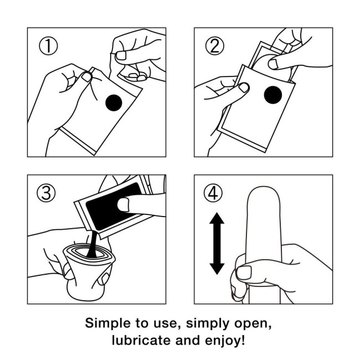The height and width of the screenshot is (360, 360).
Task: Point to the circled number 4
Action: [x=214, y=193]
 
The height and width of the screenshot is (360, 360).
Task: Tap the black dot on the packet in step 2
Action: [x=273, y=95]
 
